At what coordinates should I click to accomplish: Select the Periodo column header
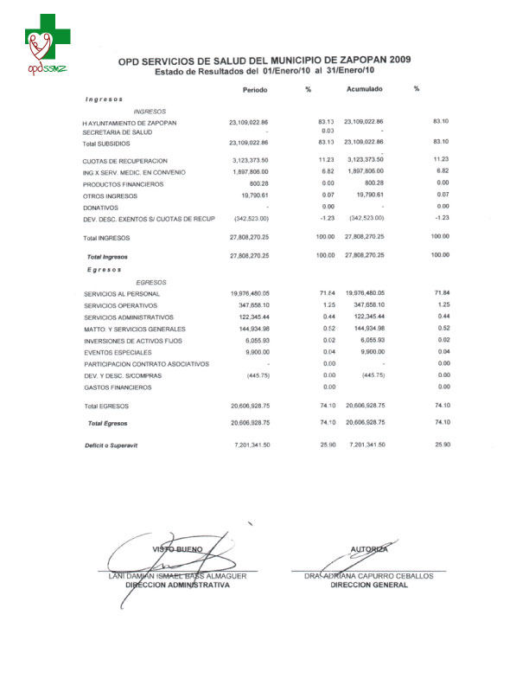coord(255,90)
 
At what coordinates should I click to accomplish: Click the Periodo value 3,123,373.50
coord(251,161)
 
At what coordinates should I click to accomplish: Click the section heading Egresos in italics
coord(104,269)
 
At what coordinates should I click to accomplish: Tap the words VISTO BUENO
coord(177,549)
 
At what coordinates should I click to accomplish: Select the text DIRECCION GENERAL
coord(369,586)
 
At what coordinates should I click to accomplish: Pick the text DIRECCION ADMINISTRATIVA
coord(178,586)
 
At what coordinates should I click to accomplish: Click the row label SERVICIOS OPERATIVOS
coord(121,306)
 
